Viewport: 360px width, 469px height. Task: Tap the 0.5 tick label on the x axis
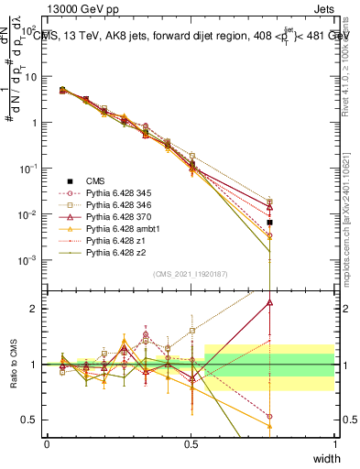pos(191,444)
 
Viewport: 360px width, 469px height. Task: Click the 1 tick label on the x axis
pos(334,444)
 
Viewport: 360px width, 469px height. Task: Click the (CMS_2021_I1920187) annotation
pos(191,273)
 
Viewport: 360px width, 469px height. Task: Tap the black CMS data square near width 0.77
pos(269,223)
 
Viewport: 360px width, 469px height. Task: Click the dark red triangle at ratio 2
pos(269,300)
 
